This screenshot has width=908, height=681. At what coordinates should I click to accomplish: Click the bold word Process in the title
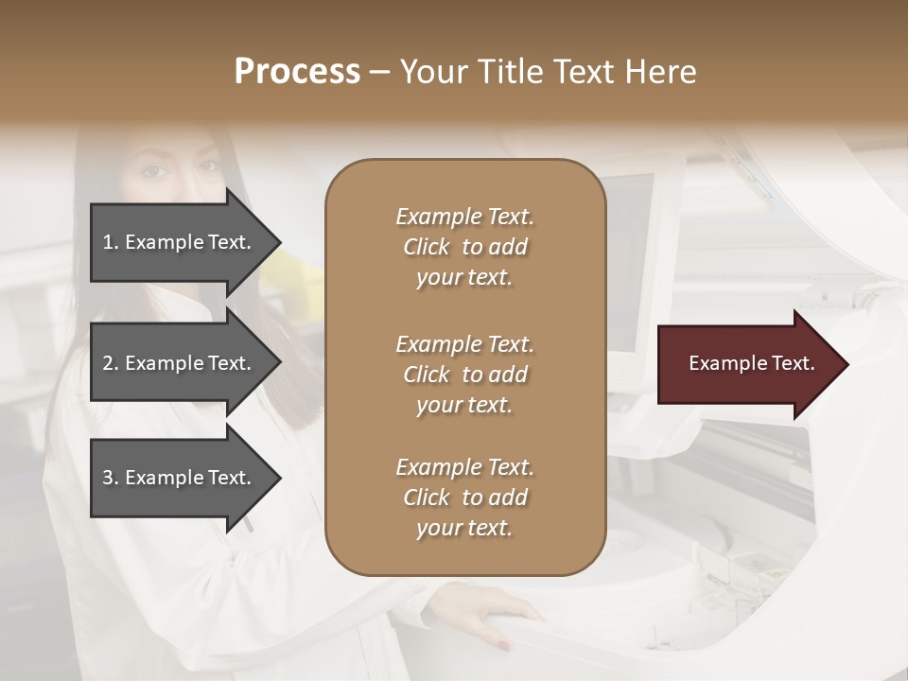click(x=297, y=72)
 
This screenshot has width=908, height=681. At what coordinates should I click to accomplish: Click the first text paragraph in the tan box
click(x=464, y=247)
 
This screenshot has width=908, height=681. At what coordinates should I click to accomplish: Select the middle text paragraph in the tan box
click(x=464, y=375)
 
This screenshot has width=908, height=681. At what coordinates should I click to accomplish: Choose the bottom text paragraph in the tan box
click(x=464, y=498)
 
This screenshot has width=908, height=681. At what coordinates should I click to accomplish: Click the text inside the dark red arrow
click(x=751, y=363)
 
